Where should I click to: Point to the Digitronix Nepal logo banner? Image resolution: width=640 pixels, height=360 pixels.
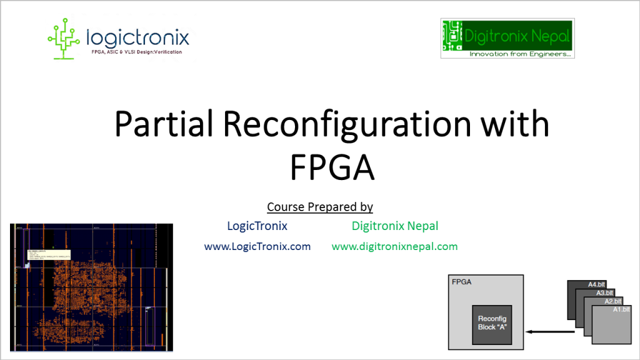click(507, 37)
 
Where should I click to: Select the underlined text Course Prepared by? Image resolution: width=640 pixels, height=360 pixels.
click(320, 206)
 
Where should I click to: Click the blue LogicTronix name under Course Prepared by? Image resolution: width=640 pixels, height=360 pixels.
click(257, 226)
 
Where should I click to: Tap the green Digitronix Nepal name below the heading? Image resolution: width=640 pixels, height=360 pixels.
click(395, 226)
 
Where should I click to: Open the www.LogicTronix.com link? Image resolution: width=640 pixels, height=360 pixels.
click(257, 246)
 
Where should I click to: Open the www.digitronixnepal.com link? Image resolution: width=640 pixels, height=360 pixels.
click(394, 246)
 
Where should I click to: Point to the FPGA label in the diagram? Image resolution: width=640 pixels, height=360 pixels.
click(461, 282)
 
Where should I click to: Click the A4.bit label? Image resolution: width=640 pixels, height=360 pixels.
click(597, 285)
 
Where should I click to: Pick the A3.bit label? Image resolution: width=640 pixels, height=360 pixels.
click(606, 292)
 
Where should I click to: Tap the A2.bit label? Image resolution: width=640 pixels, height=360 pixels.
click(614, 301)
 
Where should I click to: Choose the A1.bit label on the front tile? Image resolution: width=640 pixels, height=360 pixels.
click(621, 309)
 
